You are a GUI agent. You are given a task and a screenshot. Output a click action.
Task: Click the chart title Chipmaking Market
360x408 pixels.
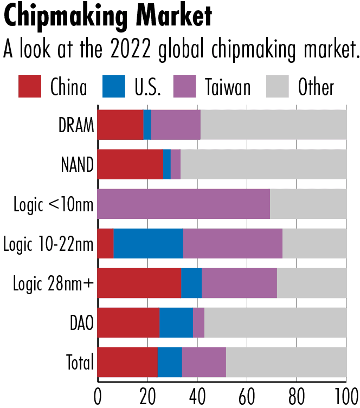click(107, 17)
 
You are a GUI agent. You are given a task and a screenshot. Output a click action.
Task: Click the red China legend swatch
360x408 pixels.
click(29, 86)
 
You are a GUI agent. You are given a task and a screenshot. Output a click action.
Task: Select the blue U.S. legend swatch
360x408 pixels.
click(113, 86)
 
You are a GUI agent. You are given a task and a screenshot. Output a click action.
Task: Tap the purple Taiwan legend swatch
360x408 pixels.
click(184, 86)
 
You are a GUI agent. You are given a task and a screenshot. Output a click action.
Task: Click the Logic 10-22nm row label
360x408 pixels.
click(49, 244)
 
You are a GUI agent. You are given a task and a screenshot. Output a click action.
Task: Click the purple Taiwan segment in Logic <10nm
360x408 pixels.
click(183, 205)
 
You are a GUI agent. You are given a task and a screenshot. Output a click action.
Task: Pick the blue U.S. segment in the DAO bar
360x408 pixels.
click(176, 323)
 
